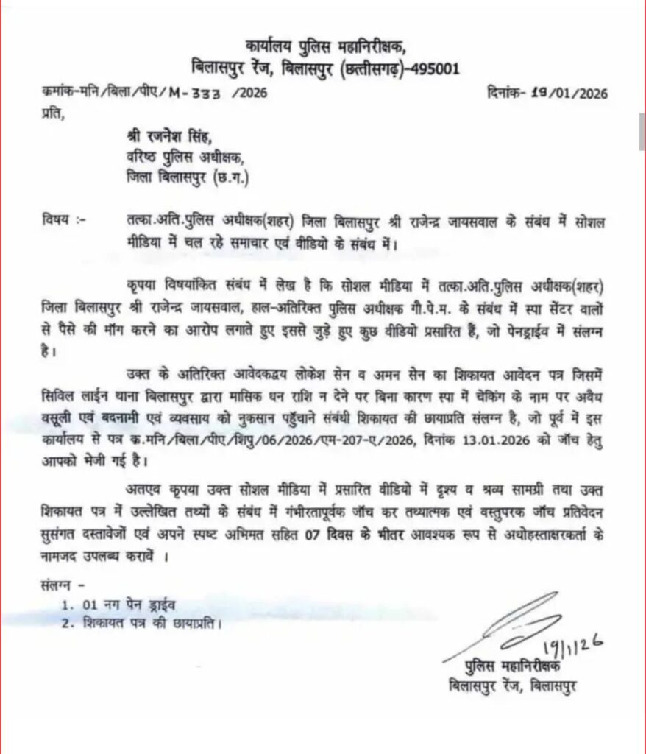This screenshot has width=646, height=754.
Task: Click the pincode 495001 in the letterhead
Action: click(431, 69)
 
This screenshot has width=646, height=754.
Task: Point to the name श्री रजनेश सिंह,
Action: click(165, 138)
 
